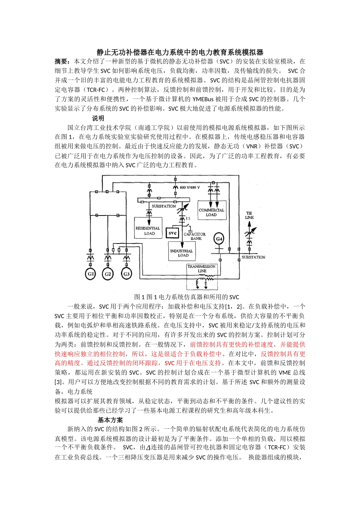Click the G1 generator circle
click(x=91, y=274)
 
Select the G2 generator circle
click(x=108, y=274)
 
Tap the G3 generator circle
click(x=127, y=274)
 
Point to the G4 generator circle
click(x=219, y=239)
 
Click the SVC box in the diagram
click(x=173, y=233)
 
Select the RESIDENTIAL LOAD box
click(x=148, y=228)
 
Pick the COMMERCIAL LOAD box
click(x=211, y=211)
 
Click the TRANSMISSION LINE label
click(x=202, y=269)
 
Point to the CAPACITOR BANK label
click(x=195, y=236)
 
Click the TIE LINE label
click(x=249, y=215)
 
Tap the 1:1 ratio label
click(x=188, y=219)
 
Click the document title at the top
click(x=180, y=52)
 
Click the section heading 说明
click(x=98, y=118)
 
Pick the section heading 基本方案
click(x=110, y=420)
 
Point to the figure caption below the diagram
click(x=186, y=297)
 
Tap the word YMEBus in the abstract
click(x=203, y=99)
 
